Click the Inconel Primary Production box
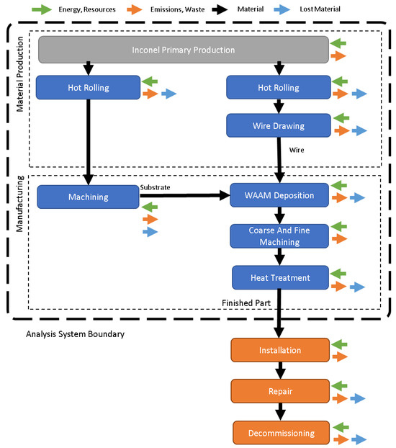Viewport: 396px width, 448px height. [183, 50]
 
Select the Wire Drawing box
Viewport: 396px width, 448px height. [277, 125]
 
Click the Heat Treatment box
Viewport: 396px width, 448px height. [280, 277]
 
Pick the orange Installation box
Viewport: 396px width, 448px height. [280, 350]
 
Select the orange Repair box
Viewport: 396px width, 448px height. [280, 391]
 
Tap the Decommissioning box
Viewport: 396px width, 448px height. [280, 434]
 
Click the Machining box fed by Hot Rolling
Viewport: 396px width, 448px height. [87, 197]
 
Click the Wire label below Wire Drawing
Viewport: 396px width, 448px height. [297, 151]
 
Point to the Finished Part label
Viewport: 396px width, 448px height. [246, 303]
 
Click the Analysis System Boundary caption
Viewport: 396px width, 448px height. [75, 334]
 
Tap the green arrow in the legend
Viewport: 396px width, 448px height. [44, 10]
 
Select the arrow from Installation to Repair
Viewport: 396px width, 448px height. [280, 370]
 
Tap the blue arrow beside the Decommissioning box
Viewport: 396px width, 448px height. [357, 439]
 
